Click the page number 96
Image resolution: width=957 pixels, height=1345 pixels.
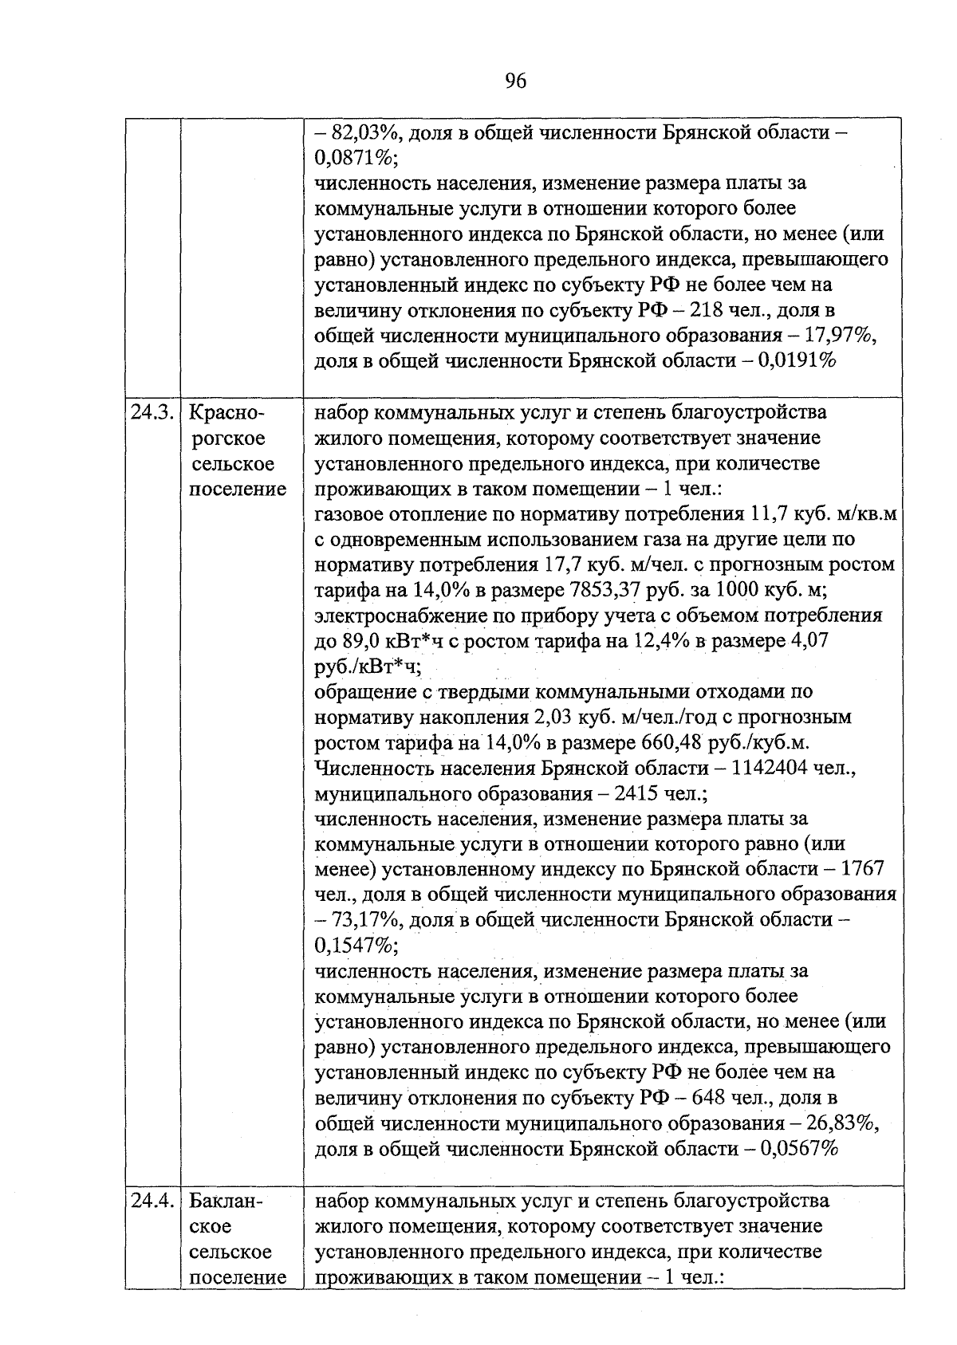(515, 81)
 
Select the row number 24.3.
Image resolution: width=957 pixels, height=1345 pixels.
(152, 413)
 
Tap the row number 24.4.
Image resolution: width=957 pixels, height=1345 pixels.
(152, 1201)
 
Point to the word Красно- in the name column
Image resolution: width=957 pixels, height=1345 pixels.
(226, 413)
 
